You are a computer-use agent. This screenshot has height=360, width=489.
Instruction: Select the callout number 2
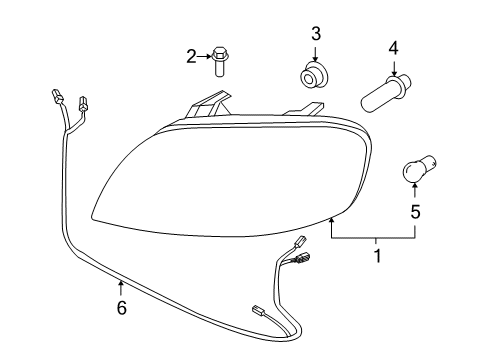(x=191, y=56)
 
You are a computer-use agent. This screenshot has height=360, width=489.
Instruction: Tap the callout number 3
(x=315, y=36)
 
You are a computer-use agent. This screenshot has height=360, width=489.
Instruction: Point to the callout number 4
(x=393, y=46)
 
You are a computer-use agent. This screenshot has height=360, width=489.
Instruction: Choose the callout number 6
(x=122, y=310)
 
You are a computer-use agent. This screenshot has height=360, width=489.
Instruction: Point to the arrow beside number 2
(x=203, y=56)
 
